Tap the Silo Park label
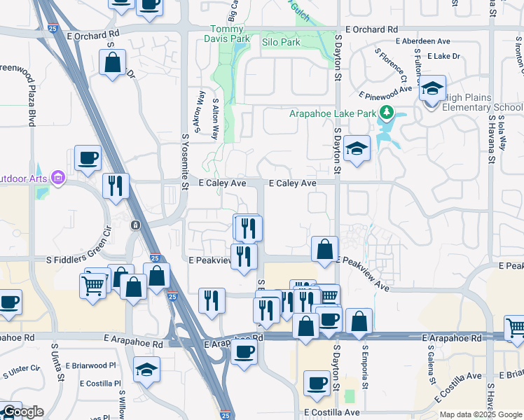coord(280,43)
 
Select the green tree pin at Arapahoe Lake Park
coord(385,112)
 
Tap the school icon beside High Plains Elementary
coord(433,89)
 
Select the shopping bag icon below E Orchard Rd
coord(112,63)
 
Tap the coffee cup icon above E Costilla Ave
coord(316,383)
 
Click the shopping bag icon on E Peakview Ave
coord(325,249)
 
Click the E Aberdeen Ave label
coord(423,41)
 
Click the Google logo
coord(22,412)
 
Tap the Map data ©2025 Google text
coord(480,414)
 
